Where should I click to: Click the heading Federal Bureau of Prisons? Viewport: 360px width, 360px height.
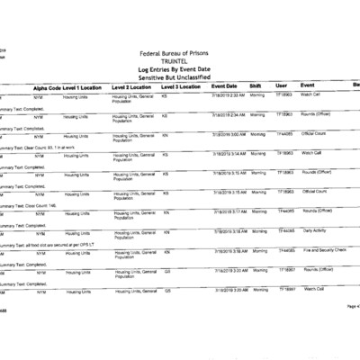pyautogui.click(x=180, y=53)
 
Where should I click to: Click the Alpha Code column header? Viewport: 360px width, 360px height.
pyautogui.click(x=47, y=86)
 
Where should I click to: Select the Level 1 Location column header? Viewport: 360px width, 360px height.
pyautogui.click(x=85, y=86)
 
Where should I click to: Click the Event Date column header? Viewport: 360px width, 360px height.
pyautogui.click(x=224, y=86)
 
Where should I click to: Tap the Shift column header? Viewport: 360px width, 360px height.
pyautogui.click(x=256, y=86)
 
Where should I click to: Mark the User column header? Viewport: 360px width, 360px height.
pyautogui.click(x=281, y=86)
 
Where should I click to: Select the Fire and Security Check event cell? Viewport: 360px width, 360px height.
pyautogui.click(x=322, y=250)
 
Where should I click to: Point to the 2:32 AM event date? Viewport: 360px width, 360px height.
pyautogui.click(x=228, y=94)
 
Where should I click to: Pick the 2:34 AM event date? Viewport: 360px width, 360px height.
pyautogui.click(x=228, y=114)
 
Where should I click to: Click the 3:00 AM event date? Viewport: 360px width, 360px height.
pyautogui.click(x=228, y=133)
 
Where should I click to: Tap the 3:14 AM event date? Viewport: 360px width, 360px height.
pyautogui.click(x=228, y=153)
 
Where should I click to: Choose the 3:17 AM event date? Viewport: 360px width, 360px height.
pyautogui.click(x=228, y=211)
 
